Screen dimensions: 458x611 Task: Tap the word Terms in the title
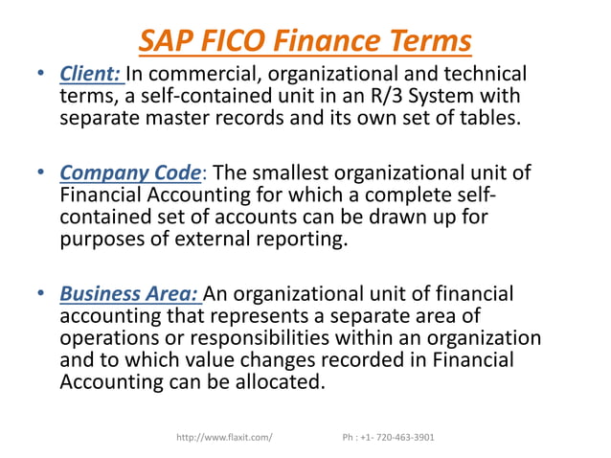(x=426, y=41)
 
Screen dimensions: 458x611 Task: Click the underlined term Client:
(x=91, y=74)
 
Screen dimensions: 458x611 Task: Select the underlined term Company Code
(x=131, y=173)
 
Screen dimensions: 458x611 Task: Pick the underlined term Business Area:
(x=130, y=294)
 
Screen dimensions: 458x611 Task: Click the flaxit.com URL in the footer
(x=225, y=438)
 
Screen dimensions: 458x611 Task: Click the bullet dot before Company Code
(x=42, y=173)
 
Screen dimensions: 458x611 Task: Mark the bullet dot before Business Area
(x=42, y=294)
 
